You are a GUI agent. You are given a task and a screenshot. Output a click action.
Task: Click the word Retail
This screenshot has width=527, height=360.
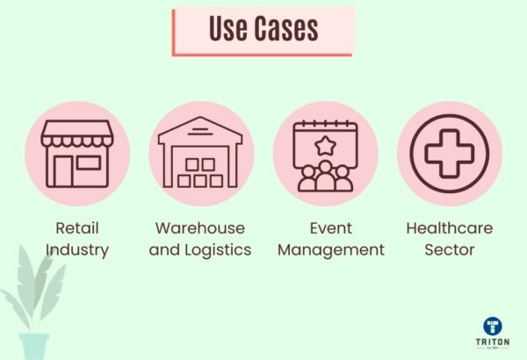(x=77, y=228)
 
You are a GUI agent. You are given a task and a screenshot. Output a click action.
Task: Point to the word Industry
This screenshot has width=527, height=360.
(x=77, y=250)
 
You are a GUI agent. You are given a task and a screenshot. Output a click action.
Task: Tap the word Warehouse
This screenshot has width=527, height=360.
(x=200, y=228)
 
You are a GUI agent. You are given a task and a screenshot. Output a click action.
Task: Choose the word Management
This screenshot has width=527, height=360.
(x=331, y=250)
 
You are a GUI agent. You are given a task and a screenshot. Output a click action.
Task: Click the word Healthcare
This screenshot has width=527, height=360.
(x=450, y=228)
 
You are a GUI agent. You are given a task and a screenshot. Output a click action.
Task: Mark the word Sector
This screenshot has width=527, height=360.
(x=450, y=250)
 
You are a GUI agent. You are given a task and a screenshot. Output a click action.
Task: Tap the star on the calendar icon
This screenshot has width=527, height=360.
(x=325, y=143)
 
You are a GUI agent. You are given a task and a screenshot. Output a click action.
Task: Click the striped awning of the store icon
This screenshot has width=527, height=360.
(x=77, y=136)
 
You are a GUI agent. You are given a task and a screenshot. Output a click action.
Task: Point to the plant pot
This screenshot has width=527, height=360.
(x=35, y=346)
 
